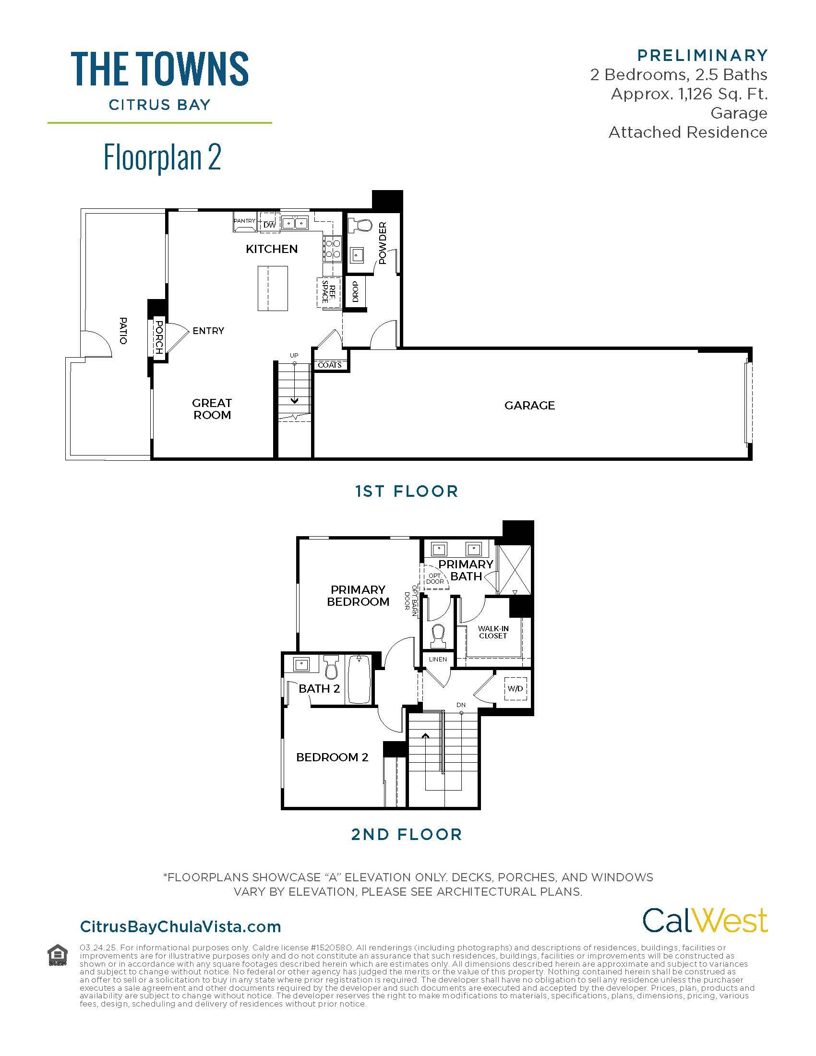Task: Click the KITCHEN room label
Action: tap(272, 249)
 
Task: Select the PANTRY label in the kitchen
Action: tap(245, 221)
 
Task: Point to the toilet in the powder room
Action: tap(360, 226)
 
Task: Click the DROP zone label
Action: tap(355, 291)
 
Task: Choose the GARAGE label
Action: tap(529, 405)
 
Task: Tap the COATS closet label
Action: tap(330, 365)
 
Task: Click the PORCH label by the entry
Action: tap(158, 337)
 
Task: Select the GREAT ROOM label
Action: tap(212, 408)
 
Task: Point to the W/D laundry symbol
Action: tap(516, 688)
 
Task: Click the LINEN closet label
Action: tap(438, 659)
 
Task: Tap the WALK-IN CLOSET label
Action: tap(493, 632)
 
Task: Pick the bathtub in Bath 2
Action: tap(358, 679)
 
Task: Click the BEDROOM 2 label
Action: tap(332, 757)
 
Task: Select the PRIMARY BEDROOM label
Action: tap(358, 595)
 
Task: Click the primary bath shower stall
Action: tap(515, 570)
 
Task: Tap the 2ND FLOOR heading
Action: tap(407, 835)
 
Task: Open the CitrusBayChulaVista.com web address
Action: tap(180, 926)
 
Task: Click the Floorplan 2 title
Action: tap(162, 157)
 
